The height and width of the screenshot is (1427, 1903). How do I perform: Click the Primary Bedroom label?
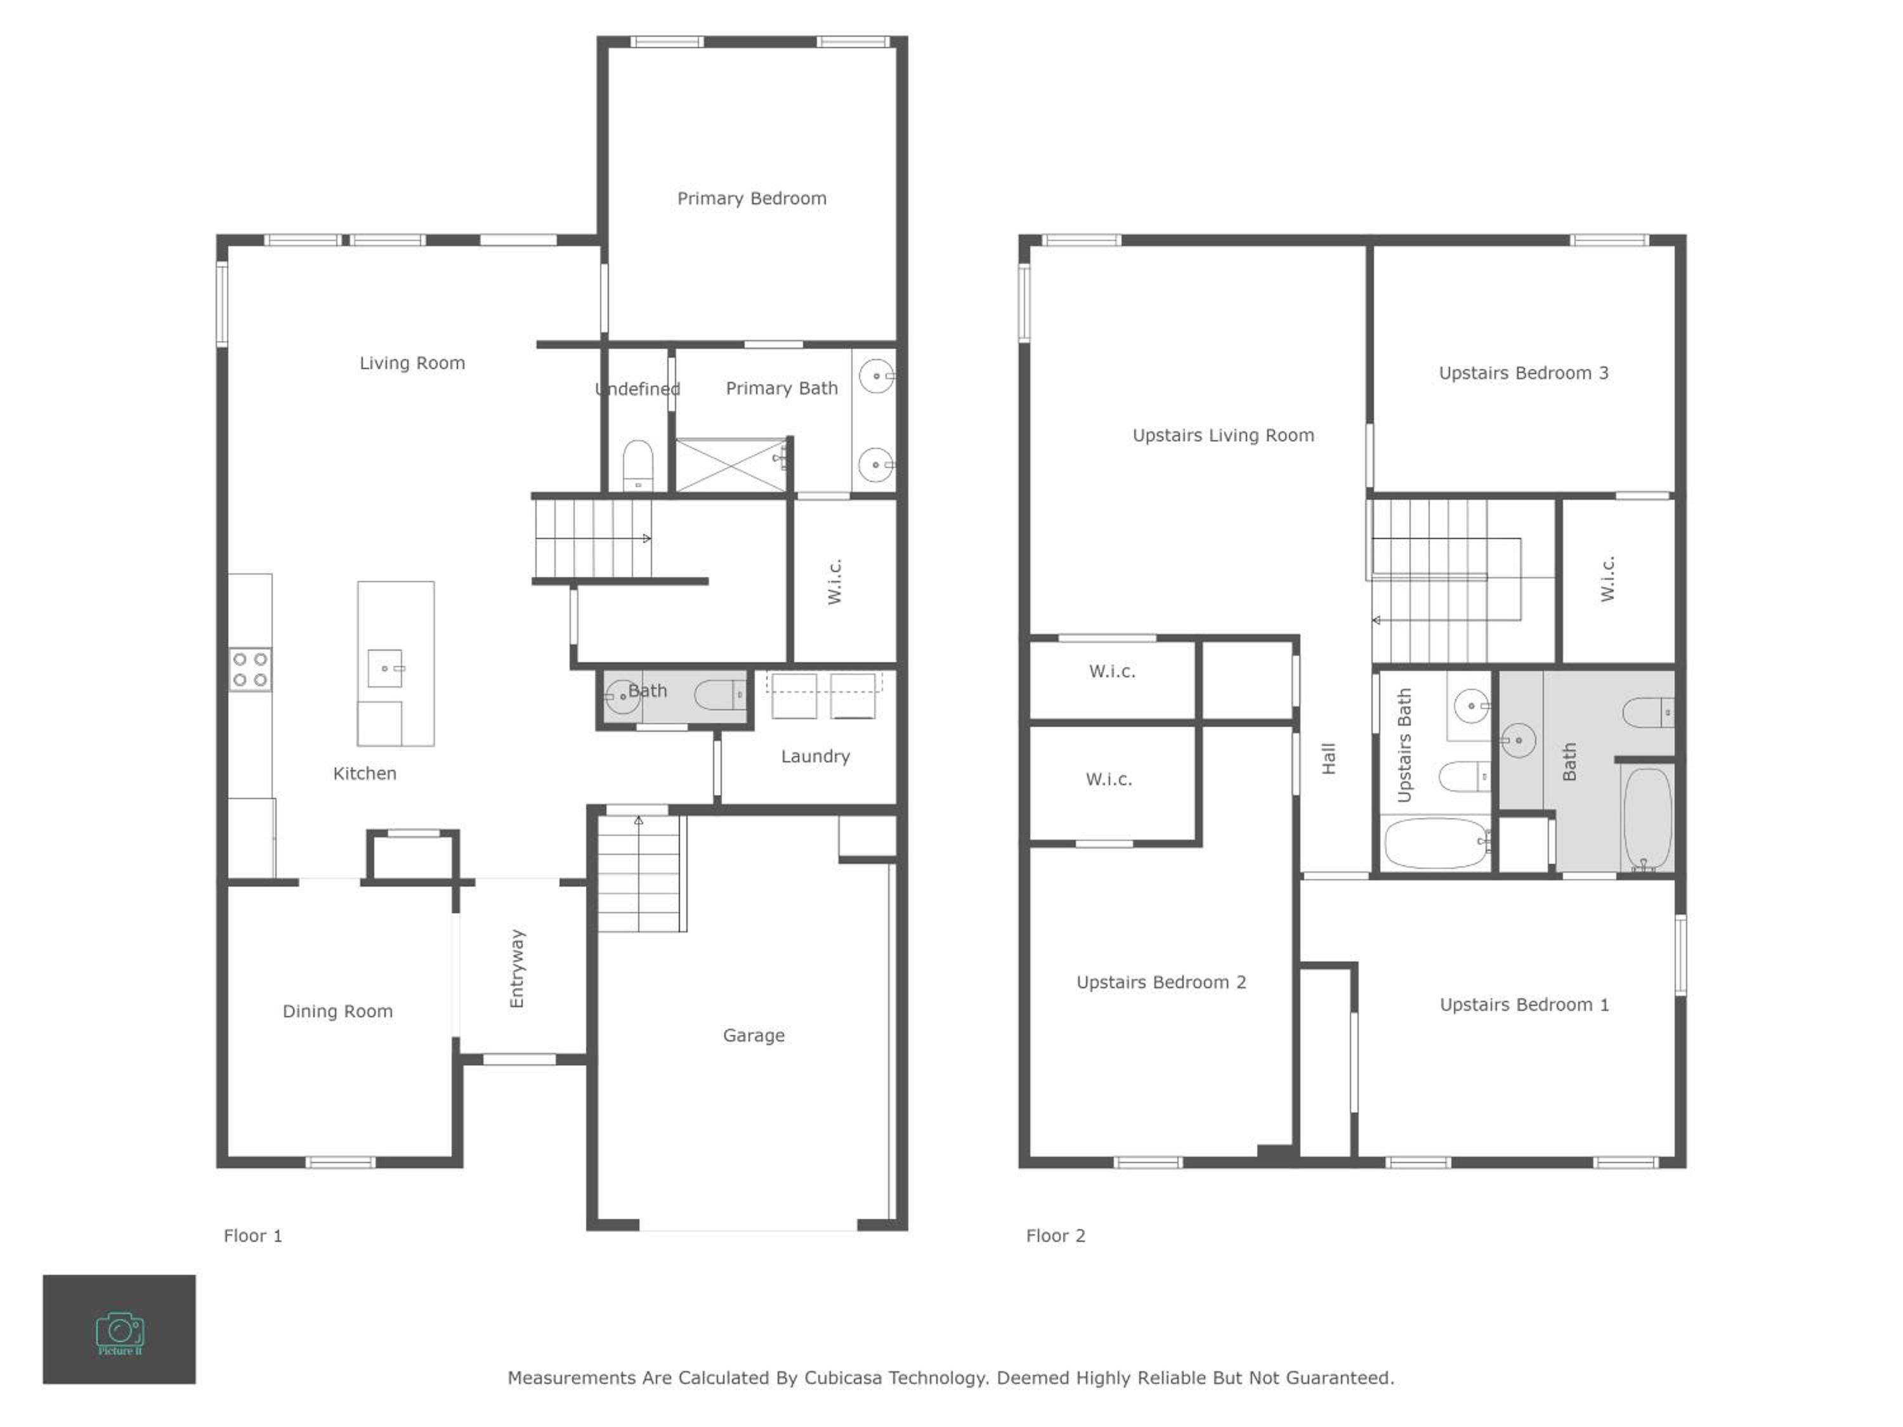point(751,199)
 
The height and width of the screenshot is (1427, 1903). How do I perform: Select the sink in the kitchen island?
point(384,668)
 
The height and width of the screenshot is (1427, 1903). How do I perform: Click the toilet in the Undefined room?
point(638,466)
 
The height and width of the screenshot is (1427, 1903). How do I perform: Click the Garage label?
point(754,1036)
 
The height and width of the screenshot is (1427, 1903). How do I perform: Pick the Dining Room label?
point(337,1012)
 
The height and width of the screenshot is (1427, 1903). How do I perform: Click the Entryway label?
point(516,968)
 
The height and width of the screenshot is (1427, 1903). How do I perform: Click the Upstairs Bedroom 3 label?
point(1524,374)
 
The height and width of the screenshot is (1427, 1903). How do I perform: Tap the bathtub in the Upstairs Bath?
point(1437,843)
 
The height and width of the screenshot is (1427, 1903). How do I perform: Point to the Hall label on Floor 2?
point(1328,759)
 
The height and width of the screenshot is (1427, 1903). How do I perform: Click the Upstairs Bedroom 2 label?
point(1161,982)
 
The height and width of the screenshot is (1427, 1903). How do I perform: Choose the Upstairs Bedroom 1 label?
point(1524,1005)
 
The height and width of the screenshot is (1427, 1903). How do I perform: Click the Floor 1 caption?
point(253,1236)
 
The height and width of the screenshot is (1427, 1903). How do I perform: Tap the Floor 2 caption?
point(1056,1236)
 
